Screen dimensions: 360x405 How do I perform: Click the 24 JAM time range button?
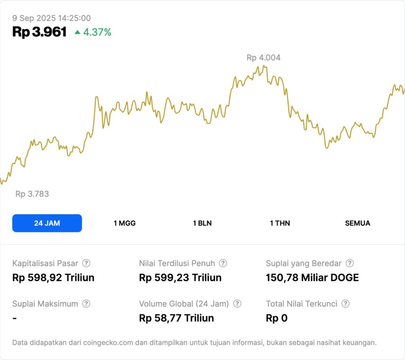(47, 223)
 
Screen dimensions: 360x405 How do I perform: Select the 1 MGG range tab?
(124, 223)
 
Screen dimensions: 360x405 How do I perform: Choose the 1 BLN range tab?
(202, 223)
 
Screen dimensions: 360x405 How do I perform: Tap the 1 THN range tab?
(280, 223)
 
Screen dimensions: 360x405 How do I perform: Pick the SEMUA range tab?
(358, 223)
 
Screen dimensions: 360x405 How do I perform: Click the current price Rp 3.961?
(40, 32)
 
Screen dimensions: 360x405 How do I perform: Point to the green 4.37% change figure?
(97, 32)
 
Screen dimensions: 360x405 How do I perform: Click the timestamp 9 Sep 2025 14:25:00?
(51, 18)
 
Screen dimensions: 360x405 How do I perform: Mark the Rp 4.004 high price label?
(264, 58)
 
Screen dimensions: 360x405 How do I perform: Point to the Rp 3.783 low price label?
(32, 194)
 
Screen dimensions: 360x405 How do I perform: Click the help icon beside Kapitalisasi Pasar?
(86, 263)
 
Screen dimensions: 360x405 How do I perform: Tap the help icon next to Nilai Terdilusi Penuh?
(223, 263)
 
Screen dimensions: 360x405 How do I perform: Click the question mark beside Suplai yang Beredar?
(350, 263)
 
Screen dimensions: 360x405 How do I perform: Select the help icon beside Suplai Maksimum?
(86, 304)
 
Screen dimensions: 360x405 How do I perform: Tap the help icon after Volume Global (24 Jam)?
(237, 304)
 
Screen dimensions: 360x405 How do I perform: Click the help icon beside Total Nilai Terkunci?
(346, 304)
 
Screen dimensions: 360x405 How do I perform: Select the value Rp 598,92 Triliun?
(53, 278)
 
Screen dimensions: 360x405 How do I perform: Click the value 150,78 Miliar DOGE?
(312, 278)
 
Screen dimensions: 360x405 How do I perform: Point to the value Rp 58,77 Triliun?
(177, 318)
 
